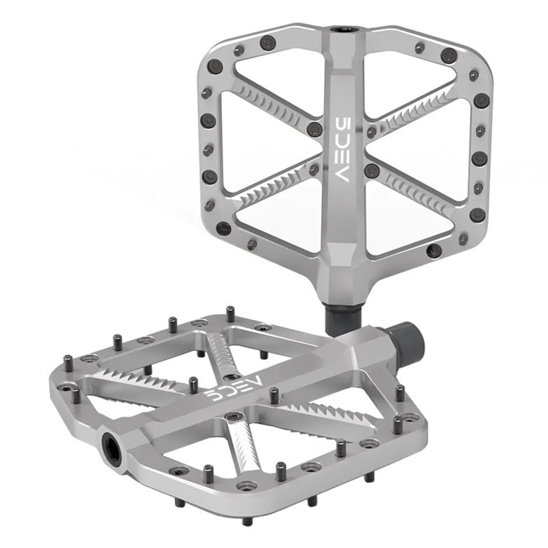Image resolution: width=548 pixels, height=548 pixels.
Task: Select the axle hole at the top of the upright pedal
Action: coord(339,30)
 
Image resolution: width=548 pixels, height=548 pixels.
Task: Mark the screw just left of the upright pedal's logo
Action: coord(315,129)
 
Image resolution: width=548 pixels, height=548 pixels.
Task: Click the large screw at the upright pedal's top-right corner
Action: coord(448,55)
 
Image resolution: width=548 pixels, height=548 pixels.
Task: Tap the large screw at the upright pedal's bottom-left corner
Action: coord(222,229)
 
